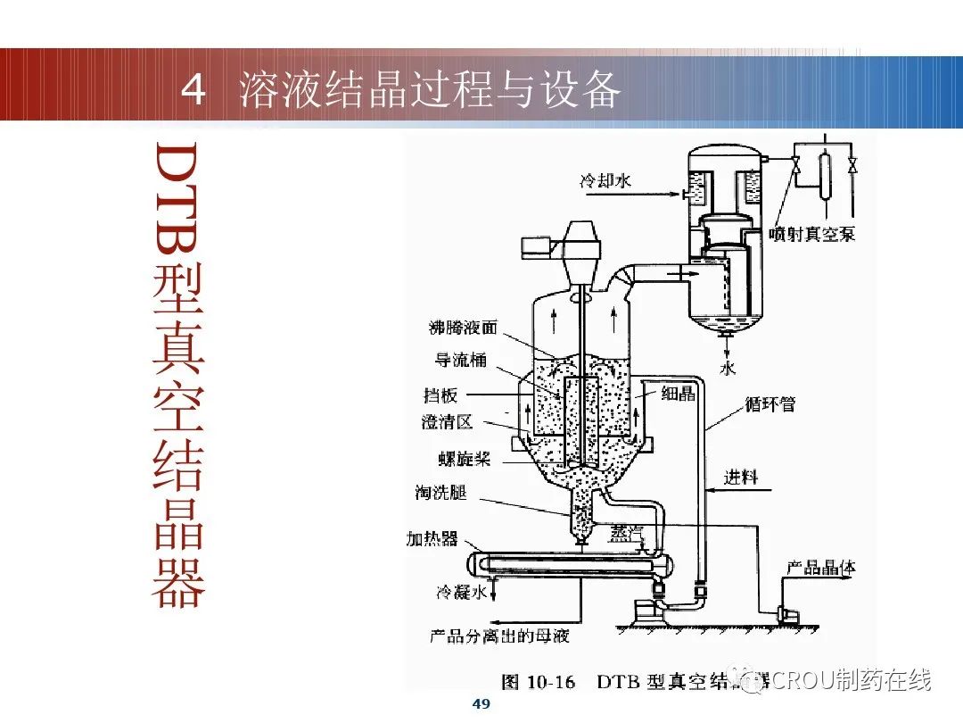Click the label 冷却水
tap(606, 180)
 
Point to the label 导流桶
tap(460, 361)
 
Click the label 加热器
tap(432, 538)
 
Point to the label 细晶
tap(678, 394)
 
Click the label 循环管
tap(770, 404)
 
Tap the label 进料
tap(740, 478)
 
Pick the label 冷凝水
tap(461, 592)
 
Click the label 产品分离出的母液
tap(499, 636)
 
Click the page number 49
tap(481, 704)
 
